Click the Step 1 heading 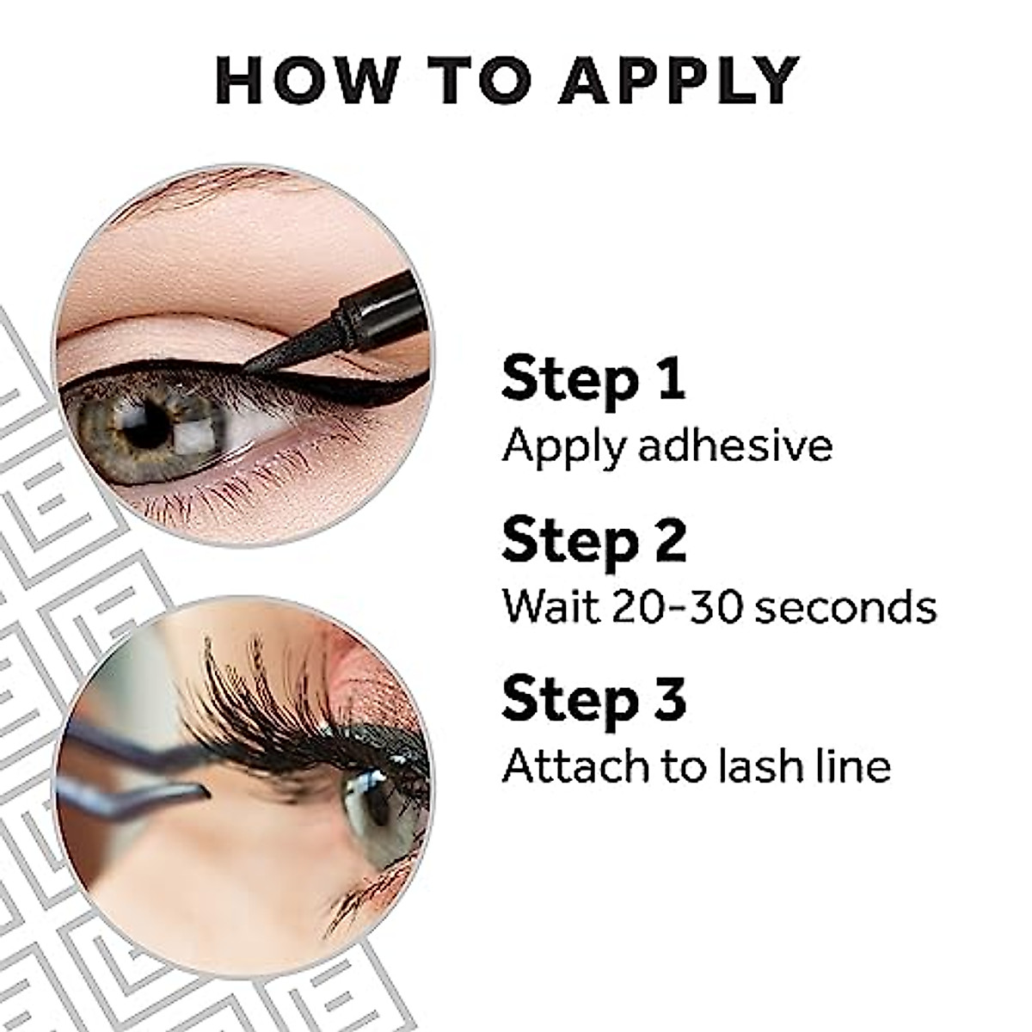tap(593, 379)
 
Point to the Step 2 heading tap(594, 540)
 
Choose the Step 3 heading tap(594, 699)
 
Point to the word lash tap(758, 765)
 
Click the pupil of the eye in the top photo tap(145, 424)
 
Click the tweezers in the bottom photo tap(129, 774)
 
